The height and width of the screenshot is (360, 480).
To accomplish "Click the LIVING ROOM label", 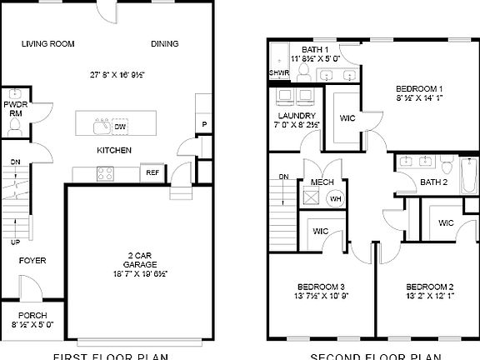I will [47, 44].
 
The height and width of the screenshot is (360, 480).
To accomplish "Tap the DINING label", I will [164, 44].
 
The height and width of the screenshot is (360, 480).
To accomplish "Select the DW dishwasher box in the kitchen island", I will [121, 127].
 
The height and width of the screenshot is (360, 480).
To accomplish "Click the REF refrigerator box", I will [153, 172].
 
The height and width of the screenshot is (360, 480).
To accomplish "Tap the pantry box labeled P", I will [204, 126].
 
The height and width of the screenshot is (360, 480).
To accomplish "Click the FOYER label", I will [33, 261].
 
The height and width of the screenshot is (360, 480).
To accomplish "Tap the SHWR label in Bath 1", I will [277, 72].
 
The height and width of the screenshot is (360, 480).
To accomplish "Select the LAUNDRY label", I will [297, 115].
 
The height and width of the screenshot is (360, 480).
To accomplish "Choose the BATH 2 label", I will [433, 182].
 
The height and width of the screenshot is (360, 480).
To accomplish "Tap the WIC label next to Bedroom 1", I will [347, 118].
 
